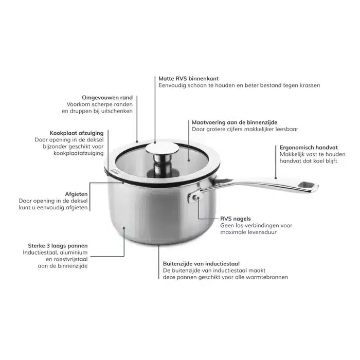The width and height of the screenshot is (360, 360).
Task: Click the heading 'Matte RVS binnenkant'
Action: (189, 79)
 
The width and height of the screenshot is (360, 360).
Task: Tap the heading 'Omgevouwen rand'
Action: (107, 98)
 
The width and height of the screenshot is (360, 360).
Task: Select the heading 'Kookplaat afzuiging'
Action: (77, 133)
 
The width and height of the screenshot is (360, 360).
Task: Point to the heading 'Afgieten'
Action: (76, 194)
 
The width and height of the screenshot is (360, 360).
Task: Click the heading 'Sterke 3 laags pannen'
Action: (58, 246)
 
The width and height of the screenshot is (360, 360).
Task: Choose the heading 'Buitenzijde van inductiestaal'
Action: (202, 263)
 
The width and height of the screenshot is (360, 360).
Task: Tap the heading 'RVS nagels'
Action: (236, 219)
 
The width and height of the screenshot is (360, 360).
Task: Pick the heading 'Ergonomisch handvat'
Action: (309, 148)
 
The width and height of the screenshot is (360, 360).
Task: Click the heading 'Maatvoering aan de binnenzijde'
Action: (235, 122)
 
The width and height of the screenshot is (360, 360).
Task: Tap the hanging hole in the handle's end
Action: (307, 184)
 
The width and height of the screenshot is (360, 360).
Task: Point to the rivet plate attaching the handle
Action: (193, 197)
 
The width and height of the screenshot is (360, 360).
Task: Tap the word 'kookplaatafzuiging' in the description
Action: (79, 153)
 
